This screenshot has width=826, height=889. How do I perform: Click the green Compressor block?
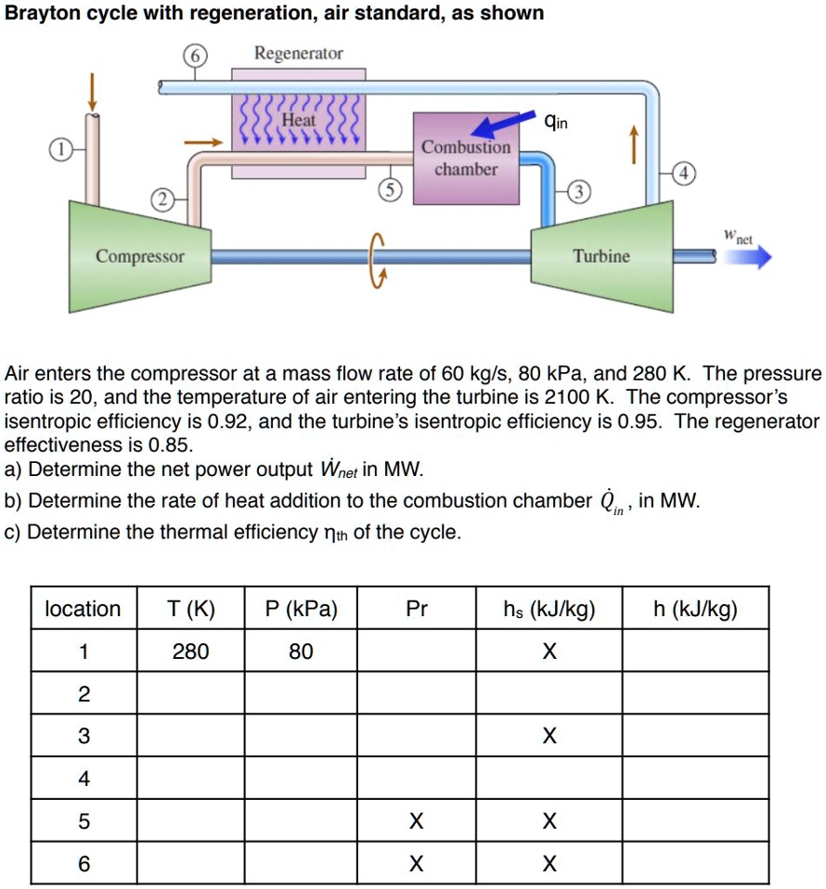139,255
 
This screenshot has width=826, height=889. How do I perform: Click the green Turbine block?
601,255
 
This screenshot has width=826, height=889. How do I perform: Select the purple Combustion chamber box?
466,159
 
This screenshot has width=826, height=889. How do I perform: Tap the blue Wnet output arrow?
748,257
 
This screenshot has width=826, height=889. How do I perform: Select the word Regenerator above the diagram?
299,54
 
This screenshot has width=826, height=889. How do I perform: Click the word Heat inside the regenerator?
299,121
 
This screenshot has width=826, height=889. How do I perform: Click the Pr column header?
417,609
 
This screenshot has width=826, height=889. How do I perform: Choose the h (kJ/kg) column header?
695,609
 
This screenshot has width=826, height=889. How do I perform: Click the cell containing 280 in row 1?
191,651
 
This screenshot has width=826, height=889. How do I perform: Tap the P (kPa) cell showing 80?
300,651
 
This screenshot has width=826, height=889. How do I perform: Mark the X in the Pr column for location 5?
417,822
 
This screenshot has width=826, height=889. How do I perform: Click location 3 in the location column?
84,737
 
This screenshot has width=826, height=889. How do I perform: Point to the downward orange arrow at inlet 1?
92,90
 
